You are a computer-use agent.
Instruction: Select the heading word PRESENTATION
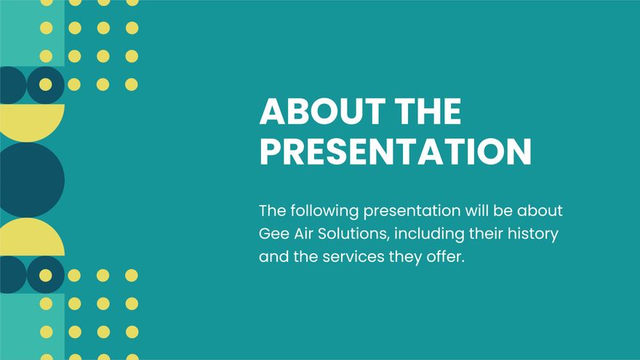coord(396,151)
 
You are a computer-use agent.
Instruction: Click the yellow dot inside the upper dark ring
coord(46,84)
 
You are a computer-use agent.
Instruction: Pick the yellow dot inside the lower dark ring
coord(46,275)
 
